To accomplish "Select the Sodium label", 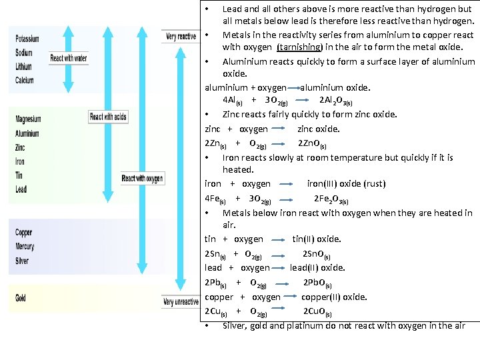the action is click(x=24, y=53).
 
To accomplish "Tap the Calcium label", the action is click(x=25, y=81).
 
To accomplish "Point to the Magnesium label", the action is click(x=28, y=119).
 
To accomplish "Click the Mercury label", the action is click(x=25, y=247).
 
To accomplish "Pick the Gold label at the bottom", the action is click(x=21, y=298).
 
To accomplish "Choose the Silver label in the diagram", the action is click(x=23, y=261).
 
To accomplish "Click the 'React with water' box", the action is click(x=69, y=59).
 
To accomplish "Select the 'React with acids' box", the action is click(x=107, y=117).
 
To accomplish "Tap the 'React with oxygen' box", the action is click(x=142, y=179).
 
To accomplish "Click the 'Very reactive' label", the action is click(x=181, y=36).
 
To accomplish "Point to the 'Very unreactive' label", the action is click(x=181, y=302).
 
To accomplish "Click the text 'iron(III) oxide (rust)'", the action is click(x=346, y=183).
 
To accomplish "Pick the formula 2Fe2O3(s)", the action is click(x=331, y=199).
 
